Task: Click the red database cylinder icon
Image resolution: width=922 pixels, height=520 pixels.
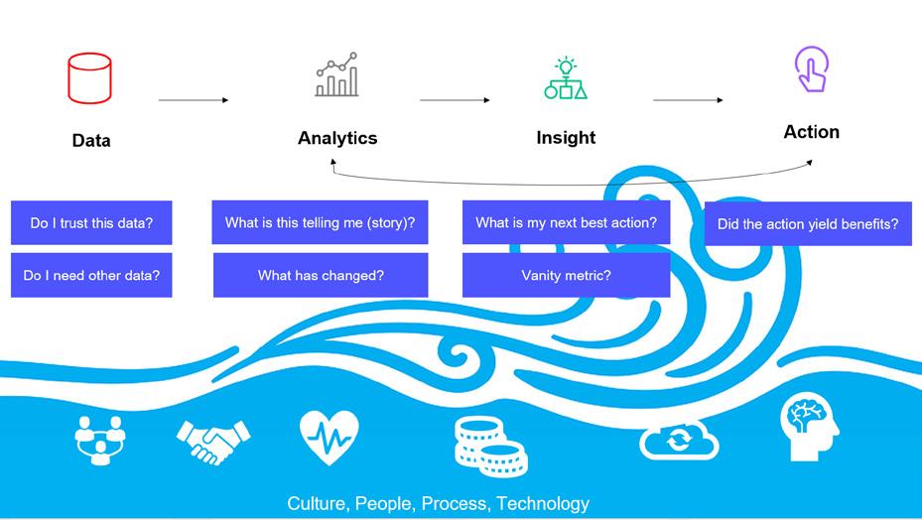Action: pos(89,78)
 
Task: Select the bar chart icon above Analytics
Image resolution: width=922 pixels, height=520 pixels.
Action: pos(337,75)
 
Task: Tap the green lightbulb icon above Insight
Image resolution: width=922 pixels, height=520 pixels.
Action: pos(566,78)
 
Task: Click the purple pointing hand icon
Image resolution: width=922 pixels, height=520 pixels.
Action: pos(811,70)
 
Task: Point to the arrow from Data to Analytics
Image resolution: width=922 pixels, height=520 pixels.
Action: pos(194,100)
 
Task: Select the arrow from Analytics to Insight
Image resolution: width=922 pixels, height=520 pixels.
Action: pos(455,100)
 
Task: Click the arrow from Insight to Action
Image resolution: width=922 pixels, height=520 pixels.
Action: pos(688,100)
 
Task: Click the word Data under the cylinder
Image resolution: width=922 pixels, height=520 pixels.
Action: pos(91,141)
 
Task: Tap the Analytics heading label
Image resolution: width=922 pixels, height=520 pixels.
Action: pos(337,138)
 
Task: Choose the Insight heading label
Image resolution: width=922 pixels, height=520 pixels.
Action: pos(566,138)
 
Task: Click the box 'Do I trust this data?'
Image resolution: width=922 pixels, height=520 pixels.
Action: pos(91,223)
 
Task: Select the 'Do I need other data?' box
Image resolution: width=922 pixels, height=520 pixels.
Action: pos(91,275)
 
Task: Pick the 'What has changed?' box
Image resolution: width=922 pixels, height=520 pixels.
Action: pos(321,275)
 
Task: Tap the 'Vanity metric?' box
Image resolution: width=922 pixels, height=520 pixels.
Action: pos(566,275)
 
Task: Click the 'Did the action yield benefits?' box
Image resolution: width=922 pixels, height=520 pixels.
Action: pos(808,224)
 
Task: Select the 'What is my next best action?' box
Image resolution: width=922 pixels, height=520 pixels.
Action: pos(566,222)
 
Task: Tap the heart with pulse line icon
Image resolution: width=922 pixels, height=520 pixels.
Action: pos(329,438)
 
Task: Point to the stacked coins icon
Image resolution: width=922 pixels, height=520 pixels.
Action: pos(490,445)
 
